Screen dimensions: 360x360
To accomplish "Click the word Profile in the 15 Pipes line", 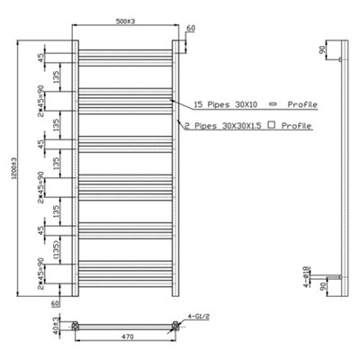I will point(299,104).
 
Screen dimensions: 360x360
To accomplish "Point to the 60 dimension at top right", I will point(190,29).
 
